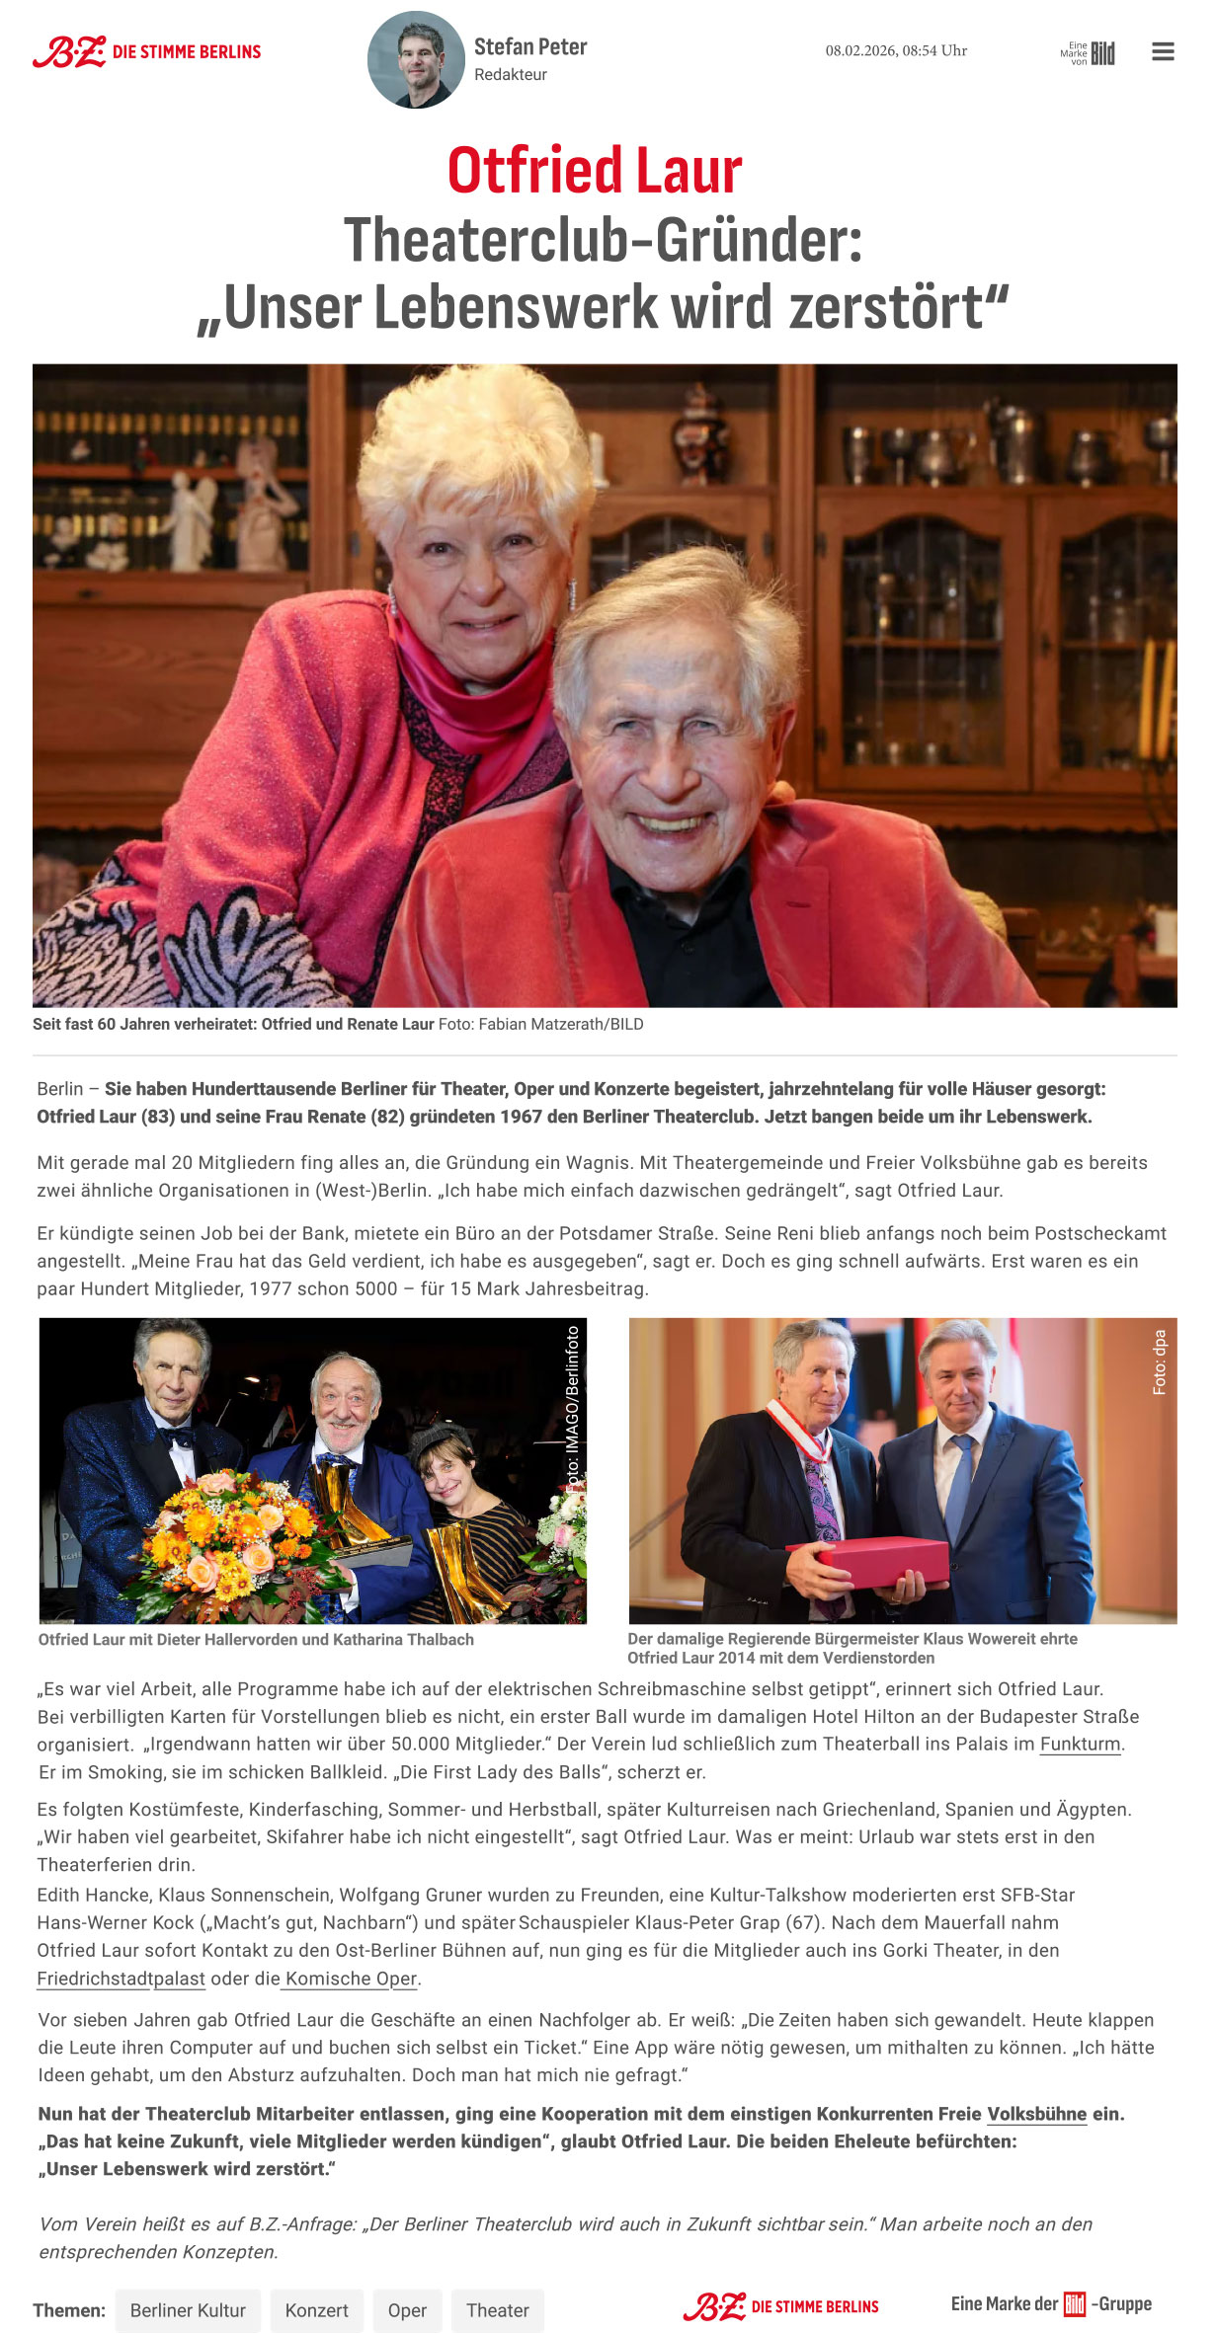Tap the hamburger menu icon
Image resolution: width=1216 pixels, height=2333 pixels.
[1163, 51]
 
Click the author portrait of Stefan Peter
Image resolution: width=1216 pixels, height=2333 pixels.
[416, 59]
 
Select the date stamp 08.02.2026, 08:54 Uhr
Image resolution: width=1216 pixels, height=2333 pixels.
[896, 50]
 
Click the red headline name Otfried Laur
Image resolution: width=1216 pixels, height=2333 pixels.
[595, 171]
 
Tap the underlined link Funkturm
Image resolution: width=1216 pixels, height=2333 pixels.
[1080, 1744]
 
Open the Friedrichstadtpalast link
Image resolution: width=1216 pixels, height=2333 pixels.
[121, 1978]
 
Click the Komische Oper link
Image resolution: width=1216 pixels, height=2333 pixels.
[351, 1978]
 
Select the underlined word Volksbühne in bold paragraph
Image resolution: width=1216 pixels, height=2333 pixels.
[1036, 2113]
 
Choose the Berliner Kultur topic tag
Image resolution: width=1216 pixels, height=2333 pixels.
[188, 2310]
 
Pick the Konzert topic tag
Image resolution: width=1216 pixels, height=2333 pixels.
[316, 2310]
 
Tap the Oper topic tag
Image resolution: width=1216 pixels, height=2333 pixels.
[407, 2310]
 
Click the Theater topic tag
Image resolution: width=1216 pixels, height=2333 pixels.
[497, 2310]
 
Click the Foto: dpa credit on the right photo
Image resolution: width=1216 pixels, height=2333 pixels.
[1160, 1362]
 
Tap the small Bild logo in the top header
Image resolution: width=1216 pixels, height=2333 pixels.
[1102, 53]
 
